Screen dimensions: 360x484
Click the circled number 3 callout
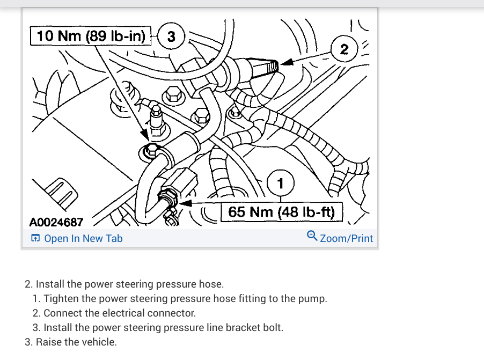point(171,37)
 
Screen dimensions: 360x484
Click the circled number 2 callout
point(344,50)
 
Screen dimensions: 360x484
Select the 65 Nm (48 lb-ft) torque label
point(282,212)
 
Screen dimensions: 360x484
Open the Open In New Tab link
point(83,238)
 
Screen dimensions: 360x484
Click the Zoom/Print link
point(346,238)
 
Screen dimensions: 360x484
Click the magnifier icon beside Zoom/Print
point(312,236)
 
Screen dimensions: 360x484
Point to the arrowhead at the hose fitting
point(186,203)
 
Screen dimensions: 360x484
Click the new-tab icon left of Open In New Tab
point(35,239)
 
